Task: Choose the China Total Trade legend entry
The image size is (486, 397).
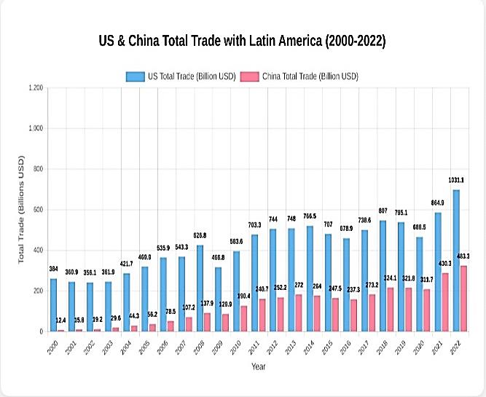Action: tap(300, 76)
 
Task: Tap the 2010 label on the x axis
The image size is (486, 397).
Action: tap(235, 346)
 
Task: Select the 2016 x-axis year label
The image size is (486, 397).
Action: tap(345, 346)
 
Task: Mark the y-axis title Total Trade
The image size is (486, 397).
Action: tap(23, 209)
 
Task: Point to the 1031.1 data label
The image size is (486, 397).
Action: tap(456, 179)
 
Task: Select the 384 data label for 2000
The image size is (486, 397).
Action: tap(52, 269)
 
